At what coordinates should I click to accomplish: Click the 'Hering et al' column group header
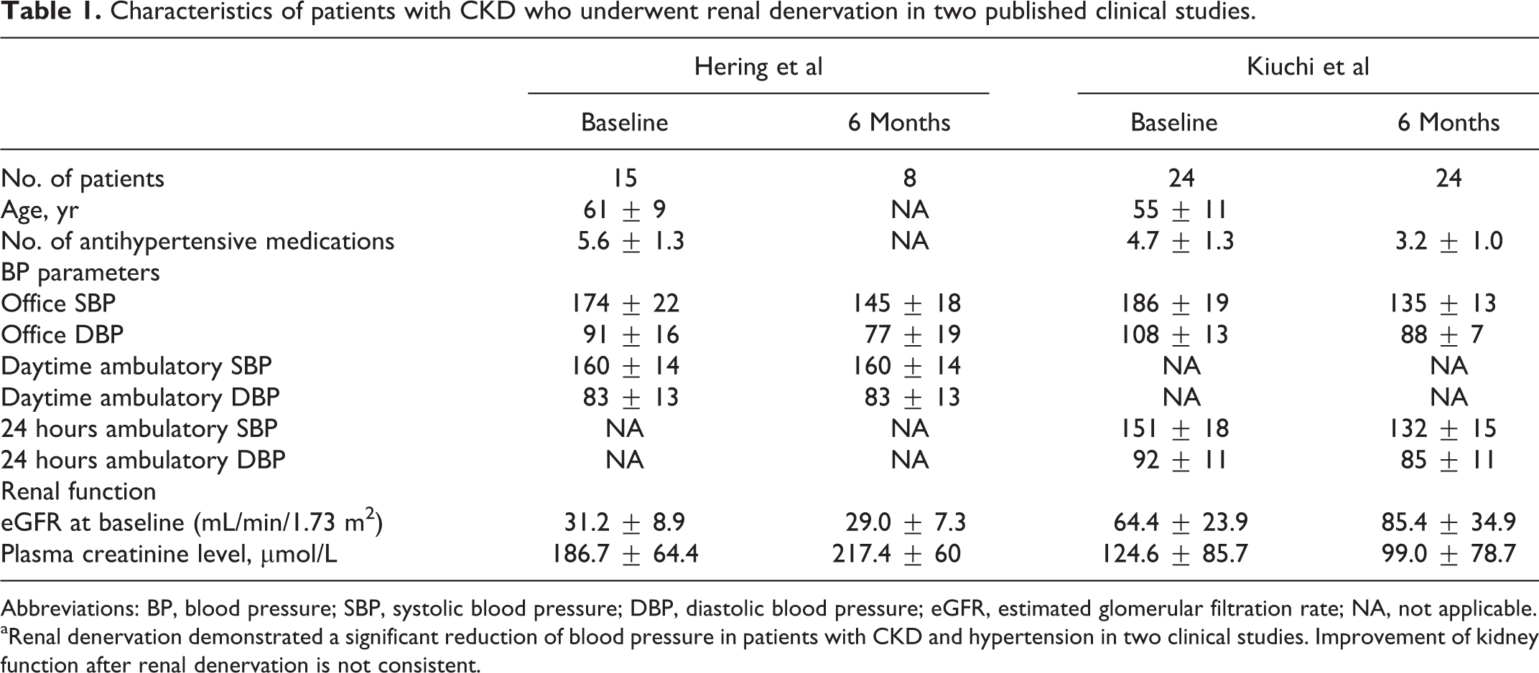tap(758, 67)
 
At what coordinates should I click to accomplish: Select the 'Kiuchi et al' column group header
tap(1308, 67)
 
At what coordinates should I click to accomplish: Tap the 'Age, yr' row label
tap(40, 210)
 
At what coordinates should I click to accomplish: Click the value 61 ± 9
tap(624, 210)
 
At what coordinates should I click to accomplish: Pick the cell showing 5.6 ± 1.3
tap(631, 241)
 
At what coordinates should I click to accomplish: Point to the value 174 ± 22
tap(625, 303)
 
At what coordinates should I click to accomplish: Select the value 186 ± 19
tap(1175, 303)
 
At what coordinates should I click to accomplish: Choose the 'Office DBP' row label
tap(62, 335)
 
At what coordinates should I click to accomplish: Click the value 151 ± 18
tap(1175, 429)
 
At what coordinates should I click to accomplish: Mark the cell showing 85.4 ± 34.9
tap(1449, 522)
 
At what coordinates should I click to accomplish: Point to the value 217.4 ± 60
tap(896, 554)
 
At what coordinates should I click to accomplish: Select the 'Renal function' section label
tap(78, 491)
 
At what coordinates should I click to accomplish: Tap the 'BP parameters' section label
tap(80, 273)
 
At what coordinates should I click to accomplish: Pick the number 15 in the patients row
tap(624, 179)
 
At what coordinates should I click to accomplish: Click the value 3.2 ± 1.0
tap(1449, 241)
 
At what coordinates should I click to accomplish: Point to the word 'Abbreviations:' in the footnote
tap(70, 609)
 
